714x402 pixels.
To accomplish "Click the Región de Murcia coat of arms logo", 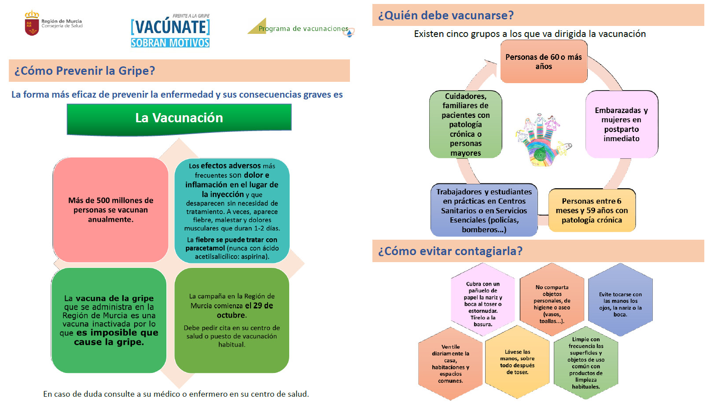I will coord(32,23).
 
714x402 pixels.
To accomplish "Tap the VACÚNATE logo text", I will coord(170,27).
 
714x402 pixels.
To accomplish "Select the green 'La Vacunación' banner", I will coord(179,118).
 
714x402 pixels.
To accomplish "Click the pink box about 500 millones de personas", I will coord(110,210).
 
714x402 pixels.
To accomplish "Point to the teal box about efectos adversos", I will coord(232,211).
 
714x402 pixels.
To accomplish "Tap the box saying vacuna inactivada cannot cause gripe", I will coord(109,320).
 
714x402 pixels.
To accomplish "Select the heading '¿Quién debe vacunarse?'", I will coord(445,15).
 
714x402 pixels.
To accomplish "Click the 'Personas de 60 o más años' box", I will coord(544,62).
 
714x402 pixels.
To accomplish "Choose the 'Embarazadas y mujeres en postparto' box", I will coord(621,124).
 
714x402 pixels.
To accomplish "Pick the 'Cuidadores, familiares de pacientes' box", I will coord(465,124).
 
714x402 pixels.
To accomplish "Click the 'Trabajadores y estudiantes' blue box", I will coord(484,210).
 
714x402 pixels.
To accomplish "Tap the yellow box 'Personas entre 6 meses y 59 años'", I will coord(592,210).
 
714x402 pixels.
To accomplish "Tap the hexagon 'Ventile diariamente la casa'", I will coord(450,364).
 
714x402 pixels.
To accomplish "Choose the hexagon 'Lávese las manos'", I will coord(517,362).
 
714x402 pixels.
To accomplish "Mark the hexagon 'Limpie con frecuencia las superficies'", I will coord(586,363).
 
